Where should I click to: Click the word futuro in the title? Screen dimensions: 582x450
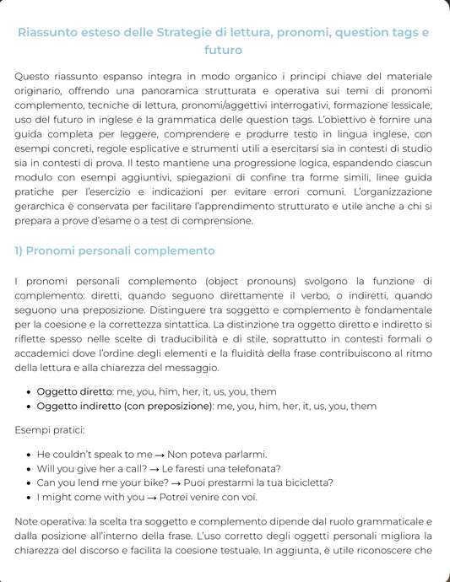225,51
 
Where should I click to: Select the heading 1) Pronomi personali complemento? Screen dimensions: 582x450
115,251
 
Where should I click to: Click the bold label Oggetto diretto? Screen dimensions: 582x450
74,391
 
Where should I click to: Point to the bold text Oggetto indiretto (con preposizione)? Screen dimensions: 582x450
125,406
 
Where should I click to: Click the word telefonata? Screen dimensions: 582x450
251,468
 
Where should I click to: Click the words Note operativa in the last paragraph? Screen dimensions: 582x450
51,521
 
